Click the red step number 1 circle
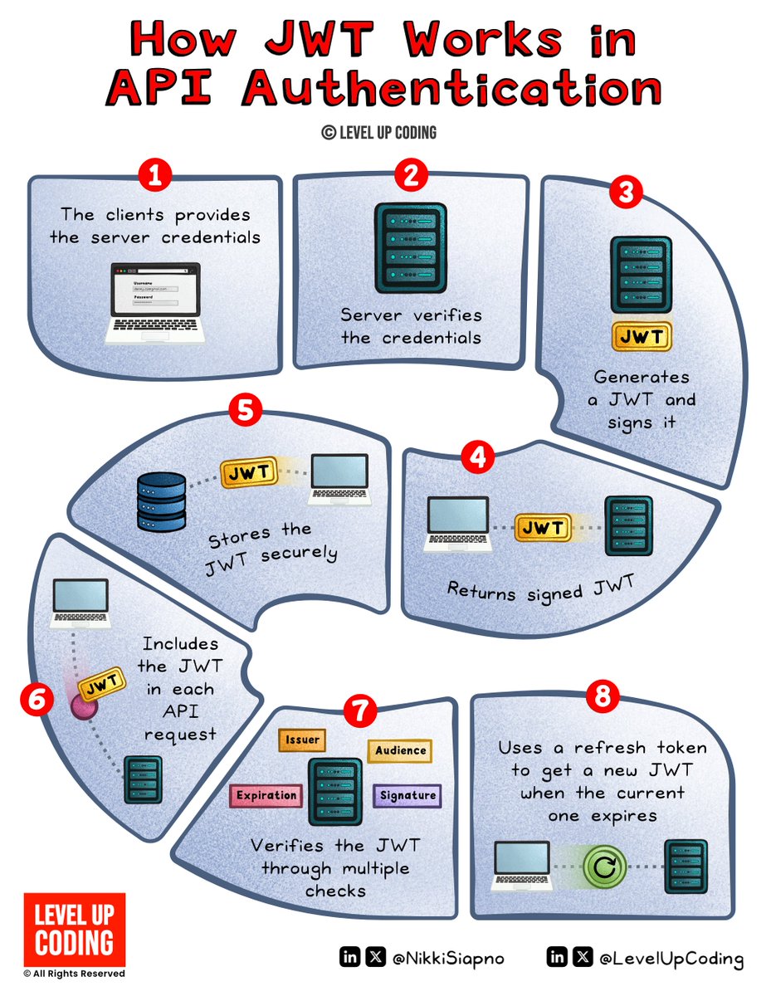pos(154,175)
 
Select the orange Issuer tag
pos(301,740)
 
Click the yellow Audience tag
pos(400,750)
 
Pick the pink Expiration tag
pos(266,796)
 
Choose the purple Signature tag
pos(407,796)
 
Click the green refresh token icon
pos(607,868)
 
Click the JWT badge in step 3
pos(641,337)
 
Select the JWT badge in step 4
pos(543,527)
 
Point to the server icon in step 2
pos(410,247)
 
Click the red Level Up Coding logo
pos(75,929)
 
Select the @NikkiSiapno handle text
pos(449,959)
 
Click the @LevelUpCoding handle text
pos(671,959)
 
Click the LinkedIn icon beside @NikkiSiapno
pos(350,958)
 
